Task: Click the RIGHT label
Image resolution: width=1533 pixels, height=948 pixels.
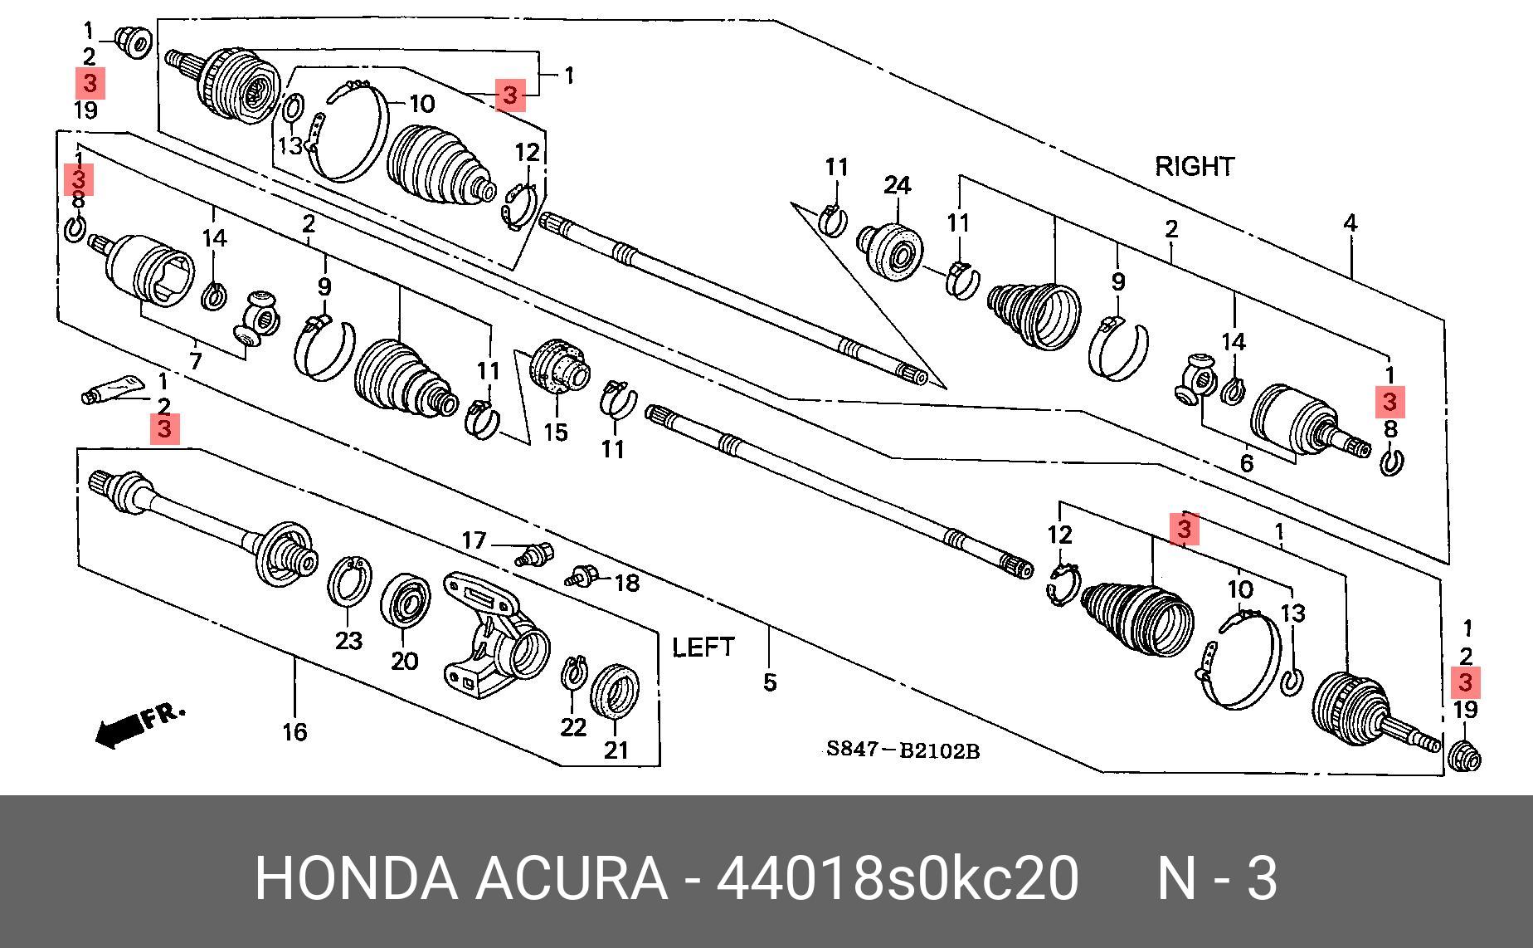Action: [1194, 167]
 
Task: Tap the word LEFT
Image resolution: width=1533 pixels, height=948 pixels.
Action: [703, 647]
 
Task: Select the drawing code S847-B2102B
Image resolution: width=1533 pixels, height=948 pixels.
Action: [903, 751]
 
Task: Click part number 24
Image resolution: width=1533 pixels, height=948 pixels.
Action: [897, 185]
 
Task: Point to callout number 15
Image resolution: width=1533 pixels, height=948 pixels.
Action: [555, 432]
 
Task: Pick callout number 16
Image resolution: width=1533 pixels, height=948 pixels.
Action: [294, 732]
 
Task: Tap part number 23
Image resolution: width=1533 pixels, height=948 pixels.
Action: [348, 641]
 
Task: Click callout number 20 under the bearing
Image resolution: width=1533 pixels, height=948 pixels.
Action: [404, 662]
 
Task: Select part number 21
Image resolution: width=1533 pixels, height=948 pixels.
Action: [616, 750]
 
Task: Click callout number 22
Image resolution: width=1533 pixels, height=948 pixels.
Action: [573, 728]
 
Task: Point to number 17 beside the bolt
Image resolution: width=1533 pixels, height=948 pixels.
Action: [473, 541]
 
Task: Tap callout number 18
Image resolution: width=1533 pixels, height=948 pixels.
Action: [626, 584]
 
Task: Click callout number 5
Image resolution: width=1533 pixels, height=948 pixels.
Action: [770, 683]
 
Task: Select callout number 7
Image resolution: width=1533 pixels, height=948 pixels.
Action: [196, 361]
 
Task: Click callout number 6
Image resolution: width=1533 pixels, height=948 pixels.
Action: [1246, 463]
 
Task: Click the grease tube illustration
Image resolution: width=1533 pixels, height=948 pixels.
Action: [112, 388]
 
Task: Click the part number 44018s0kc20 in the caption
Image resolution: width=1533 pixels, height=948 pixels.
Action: [898, 878]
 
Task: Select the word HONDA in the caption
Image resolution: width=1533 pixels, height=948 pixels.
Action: [356, 878]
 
